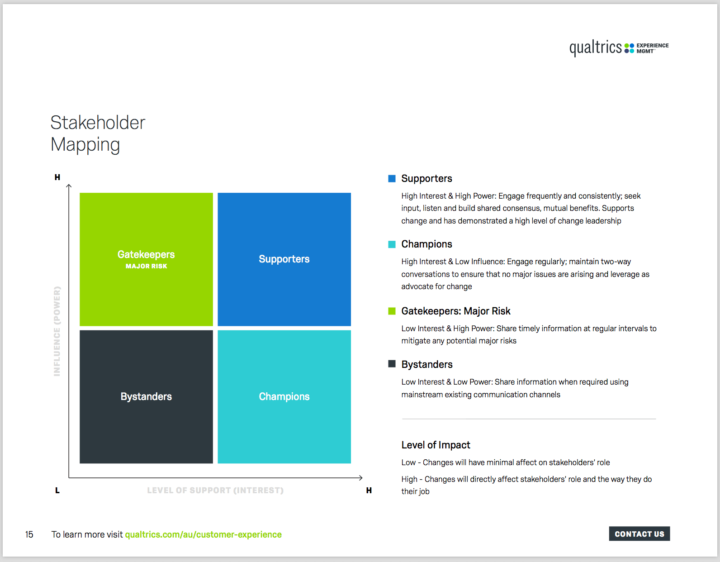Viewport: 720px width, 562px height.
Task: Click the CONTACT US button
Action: pos(639,533)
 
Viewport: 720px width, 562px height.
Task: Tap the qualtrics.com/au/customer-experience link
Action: pos(203,534)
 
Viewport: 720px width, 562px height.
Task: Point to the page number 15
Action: pos(29,534)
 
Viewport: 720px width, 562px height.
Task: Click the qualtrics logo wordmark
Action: pos(596,48)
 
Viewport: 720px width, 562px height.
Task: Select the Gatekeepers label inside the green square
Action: pos(146,254)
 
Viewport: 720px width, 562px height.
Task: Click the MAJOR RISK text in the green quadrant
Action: pos(146,266)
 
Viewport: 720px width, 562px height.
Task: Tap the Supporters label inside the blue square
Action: pos(284,259)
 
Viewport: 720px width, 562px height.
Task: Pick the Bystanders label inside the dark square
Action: pos(146,396)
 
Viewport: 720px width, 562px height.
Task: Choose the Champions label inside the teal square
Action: pos(284,396)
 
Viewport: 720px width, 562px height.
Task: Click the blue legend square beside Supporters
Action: pos(392,179)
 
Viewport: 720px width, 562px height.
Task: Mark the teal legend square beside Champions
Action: pos(392,244)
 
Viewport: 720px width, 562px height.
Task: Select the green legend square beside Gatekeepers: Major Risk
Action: pos(392,311)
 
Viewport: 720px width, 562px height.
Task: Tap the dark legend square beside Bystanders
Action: pos(392,364)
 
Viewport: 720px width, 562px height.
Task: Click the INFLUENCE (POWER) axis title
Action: pos(57,331)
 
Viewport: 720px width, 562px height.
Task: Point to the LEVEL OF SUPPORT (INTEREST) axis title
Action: pos(215,491)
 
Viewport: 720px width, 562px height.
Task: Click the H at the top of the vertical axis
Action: pos(57,177)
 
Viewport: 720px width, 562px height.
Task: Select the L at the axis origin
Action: pos(57,491)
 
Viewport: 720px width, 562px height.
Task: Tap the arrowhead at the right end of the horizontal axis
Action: pos(361,477)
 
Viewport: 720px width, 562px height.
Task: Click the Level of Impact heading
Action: pos(436,445)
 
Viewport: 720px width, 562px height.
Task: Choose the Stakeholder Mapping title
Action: pos(98,133)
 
